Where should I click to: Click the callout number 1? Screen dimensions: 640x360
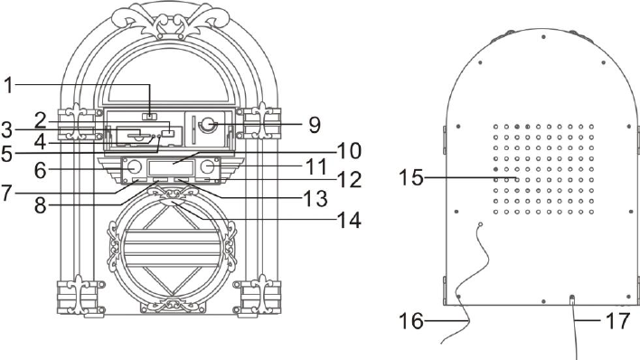[x=8, y=86]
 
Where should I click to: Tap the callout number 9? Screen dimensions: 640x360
[x=315, y=125]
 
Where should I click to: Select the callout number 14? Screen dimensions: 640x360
[x=348, y=220]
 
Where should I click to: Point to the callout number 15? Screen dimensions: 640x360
[x=411, y=178]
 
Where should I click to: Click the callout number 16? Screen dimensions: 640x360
[x=411, y=321]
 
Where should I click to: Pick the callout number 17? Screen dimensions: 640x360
[x=618, y=321]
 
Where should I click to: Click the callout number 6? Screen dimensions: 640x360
[x=40, y=170]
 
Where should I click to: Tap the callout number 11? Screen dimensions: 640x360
[x=316, y=166]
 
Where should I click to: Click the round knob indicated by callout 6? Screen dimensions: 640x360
[x=135, y=166]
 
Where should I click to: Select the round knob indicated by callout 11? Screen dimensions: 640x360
[x=207, y=166]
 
